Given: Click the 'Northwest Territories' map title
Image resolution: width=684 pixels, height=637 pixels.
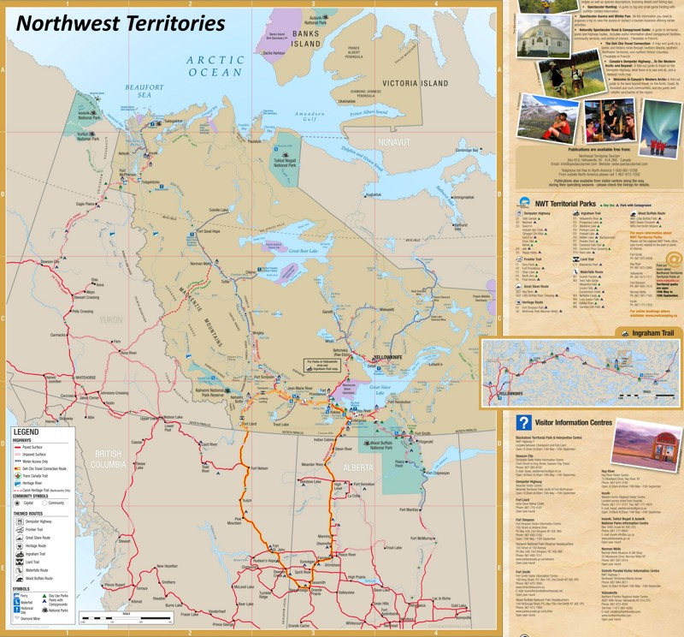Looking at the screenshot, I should pos(120,22).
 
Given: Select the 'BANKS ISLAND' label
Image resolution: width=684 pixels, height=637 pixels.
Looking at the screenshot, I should pos(305,39).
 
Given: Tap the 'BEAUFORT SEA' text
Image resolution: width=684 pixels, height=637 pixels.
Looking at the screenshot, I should pos(143,91).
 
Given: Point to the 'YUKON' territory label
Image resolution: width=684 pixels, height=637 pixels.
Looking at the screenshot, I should pos(112,318).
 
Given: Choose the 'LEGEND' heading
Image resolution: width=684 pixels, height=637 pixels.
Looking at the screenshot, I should pos(27,432).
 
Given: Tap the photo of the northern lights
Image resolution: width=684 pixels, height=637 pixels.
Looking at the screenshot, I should pos(659,128).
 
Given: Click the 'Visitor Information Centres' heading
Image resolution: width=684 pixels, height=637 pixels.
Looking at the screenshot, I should pos(572,422).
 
